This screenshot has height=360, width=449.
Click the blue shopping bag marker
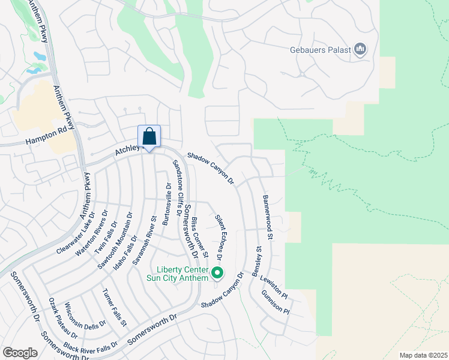(x=149, y=137)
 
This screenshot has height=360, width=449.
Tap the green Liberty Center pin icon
(x=217, y=274)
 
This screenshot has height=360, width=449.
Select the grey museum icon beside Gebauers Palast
(x=360, y=49)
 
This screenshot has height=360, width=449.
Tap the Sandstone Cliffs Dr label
(x=177, y=187)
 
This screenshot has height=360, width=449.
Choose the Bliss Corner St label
(x=200, y=238)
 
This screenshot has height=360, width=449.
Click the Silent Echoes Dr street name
(x=219, y=236)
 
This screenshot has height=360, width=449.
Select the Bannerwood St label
(x=268, y=217)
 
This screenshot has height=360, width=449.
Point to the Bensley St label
(x=257, y=262)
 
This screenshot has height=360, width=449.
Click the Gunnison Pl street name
(x=276, y=304)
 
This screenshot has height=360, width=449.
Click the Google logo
(x=20, y=353)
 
